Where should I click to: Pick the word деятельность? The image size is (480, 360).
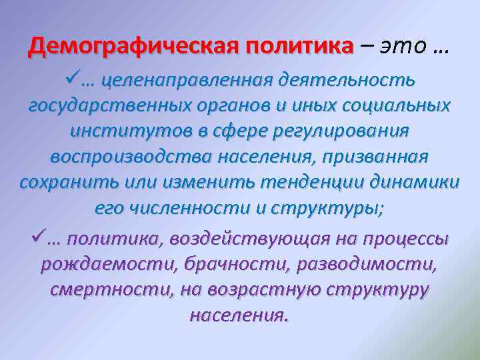[351, 81]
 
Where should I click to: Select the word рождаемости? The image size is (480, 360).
[105, 264]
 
